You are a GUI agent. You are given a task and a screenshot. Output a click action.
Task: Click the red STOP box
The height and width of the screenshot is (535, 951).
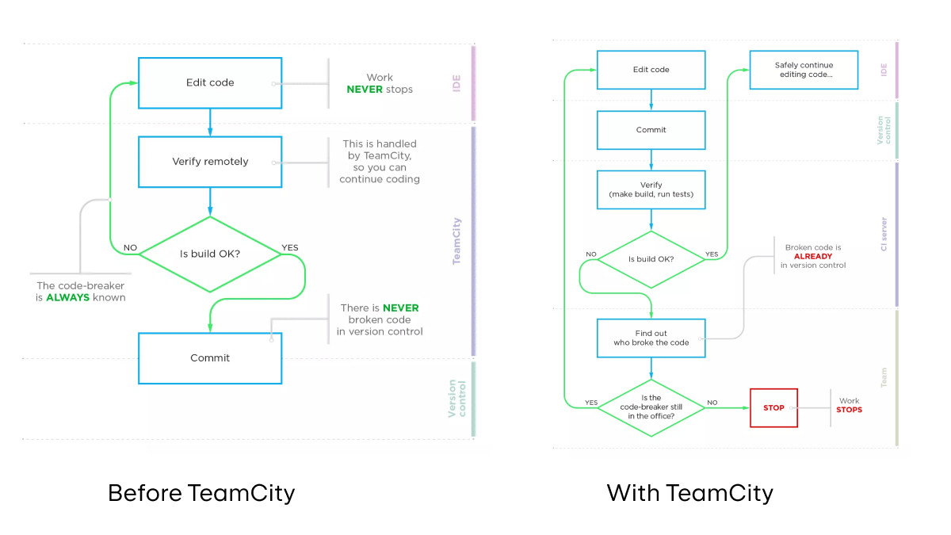point(773,408)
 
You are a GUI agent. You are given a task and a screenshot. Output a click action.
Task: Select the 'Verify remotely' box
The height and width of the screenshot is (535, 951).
point(210,162)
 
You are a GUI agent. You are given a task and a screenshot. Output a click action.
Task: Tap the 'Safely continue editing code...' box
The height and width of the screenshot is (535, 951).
point(804,70)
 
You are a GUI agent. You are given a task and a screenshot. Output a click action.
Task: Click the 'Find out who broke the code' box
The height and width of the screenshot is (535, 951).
point(651,338)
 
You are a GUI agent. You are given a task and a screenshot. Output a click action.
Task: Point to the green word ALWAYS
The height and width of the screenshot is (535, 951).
point(69,298)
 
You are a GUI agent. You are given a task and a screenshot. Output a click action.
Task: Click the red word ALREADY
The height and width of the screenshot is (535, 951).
point(812,257)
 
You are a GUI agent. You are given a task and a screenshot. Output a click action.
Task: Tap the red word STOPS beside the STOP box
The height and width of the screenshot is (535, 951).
point(849,410)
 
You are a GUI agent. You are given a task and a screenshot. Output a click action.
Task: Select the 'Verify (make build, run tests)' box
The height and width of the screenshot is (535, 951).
point(651,189)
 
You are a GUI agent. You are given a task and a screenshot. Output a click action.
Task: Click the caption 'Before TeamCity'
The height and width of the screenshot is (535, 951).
point(201,493)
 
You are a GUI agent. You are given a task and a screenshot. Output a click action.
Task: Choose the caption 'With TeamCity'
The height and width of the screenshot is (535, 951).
point(689,493)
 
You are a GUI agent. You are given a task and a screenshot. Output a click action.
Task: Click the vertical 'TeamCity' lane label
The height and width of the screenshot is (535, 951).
point(457,241)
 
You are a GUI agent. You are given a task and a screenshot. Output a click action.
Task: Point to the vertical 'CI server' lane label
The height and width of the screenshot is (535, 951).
point(884,234)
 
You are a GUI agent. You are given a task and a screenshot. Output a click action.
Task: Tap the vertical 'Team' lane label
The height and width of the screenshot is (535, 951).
point(884,377)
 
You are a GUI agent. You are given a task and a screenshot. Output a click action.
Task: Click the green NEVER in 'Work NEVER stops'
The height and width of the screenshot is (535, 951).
point(365,90)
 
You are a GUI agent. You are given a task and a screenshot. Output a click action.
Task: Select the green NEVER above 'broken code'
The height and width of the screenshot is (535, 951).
point(400,308)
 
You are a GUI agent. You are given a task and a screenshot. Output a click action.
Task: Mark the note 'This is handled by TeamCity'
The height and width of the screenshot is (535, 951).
point(380,162)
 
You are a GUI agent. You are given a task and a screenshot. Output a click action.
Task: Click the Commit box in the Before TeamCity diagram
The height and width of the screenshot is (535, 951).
point(210,358)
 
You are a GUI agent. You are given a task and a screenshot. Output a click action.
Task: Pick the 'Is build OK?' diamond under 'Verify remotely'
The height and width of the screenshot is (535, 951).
point(210,254)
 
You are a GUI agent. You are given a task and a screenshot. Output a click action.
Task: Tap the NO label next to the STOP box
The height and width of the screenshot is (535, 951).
point(712,403)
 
